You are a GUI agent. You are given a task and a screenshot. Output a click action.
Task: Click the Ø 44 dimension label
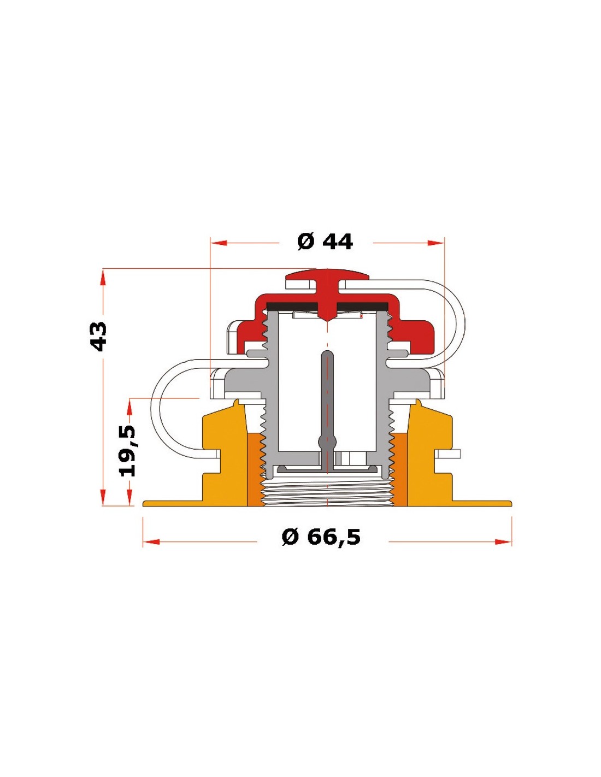pyautogui.click(x=325, y=242)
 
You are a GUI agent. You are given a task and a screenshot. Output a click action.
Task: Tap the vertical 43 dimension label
pyautogui.click(x=98, y=337)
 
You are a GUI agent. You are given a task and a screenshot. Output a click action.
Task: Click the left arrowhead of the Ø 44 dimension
pyautogui.click(x=219, y=243)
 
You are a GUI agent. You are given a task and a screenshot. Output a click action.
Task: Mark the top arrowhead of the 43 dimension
pyautogui.click(x=103, y=277)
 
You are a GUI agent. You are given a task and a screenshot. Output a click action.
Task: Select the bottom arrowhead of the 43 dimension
pyautogui.click(x=103, y=497)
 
